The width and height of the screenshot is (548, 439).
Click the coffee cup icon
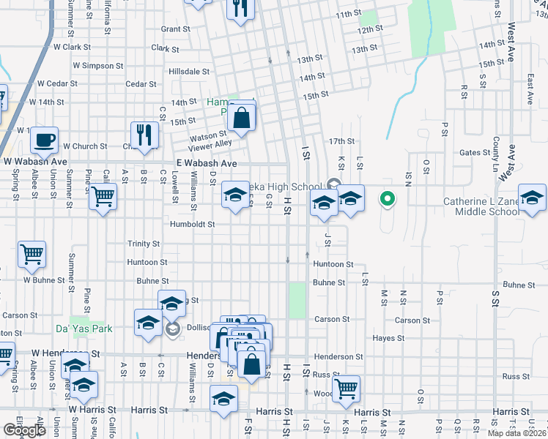pyautogui.click(x=45, y=139)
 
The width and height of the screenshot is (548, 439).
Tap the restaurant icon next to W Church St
pyautogui.click(x=144, y=135)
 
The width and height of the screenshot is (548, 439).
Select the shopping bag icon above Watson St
pyautogui.click(x=242, y=116)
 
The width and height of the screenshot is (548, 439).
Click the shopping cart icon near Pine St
pyautogui.click(x=103, y=196)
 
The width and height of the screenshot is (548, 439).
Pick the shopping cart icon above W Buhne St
pyautogui.click(x=32, y=255)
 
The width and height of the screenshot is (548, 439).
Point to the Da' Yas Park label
pyautogui.click(x=84, y=329)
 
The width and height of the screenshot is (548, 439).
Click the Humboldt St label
pyautogui.click(x=193, y=225)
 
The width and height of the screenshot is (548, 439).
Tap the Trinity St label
pyautogui.click(x=143, y=244)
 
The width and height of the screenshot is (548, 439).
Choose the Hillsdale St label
pyautogui.click(x=189, y=72)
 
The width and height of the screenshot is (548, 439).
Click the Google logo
pyautogui.click(x=24, y=430)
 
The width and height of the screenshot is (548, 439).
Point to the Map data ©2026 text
pyautogui.click(x=516, y=433)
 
